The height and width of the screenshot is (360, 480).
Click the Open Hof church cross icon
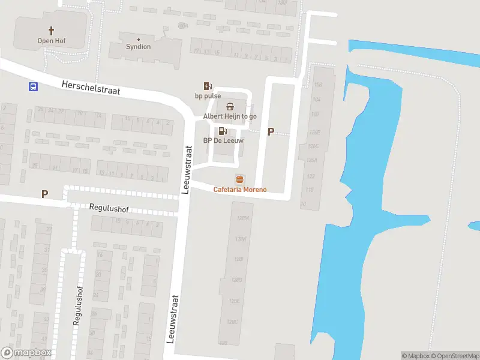coord(51,30)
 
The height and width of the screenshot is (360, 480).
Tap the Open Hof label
coord(51,41)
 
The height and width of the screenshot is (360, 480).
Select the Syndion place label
coord(138,47)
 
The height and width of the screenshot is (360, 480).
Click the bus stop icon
coord(33,86)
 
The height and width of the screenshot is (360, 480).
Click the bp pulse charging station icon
coord(208,86)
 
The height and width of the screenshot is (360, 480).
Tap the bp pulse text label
coord(208,96)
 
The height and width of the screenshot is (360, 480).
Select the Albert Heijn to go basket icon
coord(230,106)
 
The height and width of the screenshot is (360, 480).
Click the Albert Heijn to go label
coord(230,116)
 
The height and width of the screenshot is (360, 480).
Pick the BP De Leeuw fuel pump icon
coord(223,131)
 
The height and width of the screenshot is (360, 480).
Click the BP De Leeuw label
coord(223,141)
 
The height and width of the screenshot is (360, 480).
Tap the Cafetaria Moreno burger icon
coord(240,179)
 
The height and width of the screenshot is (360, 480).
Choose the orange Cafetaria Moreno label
coord(240,190)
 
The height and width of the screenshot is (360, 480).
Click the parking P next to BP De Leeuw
coord(271,132)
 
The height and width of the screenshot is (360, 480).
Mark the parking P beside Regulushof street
coord(44,194)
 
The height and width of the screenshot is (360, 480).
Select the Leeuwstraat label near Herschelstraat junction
coord(187,169)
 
